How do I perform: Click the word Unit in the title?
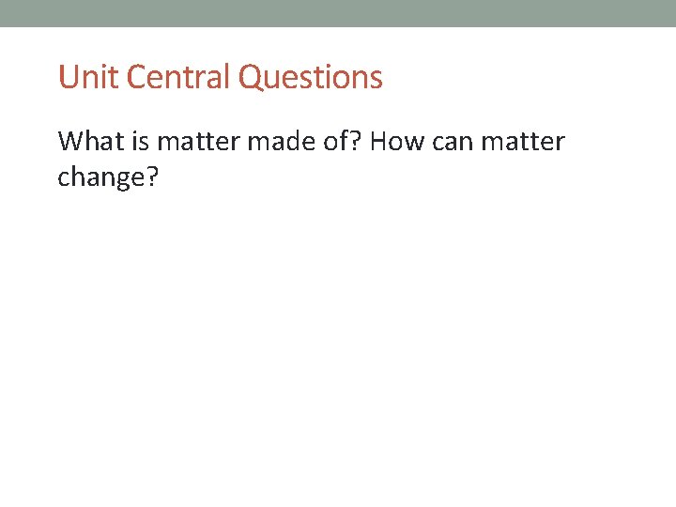[x=88, y=77]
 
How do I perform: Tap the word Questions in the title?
[x=311, y=77]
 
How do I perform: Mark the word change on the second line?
[x=101, y=177]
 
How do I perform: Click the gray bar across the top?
[x=338, y=13]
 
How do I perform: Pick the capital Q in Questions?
[x=251, y=77]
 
